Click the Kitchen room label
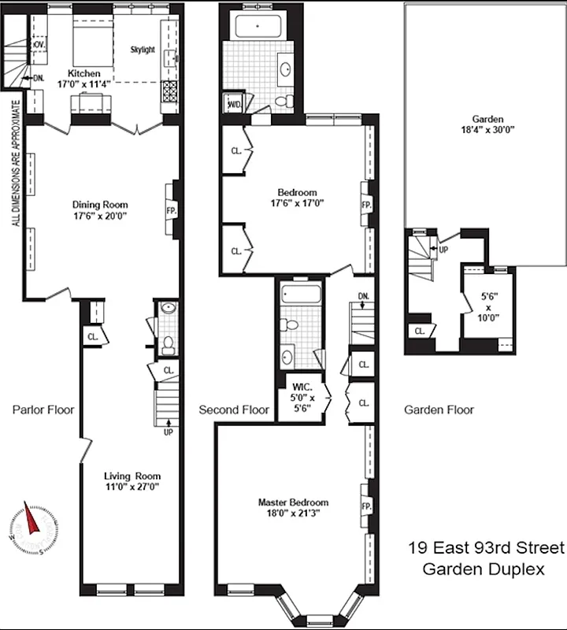(84, 74)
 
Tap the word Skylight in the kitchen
(143, 50)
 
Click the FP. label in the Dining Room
(170, 211)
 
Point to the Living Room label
(132, 476)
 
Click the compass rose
(32, 523)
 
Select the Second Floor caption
(234, 409)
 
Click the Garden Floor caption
(439, 409)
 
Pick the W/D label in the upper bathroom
(234, 104)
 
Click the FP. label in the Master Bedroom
(365, 506)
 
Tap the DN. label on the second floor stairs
(362, 297)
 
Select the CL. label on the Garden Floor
(420, 331)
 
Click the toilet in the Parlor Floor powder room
(167, 343)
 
